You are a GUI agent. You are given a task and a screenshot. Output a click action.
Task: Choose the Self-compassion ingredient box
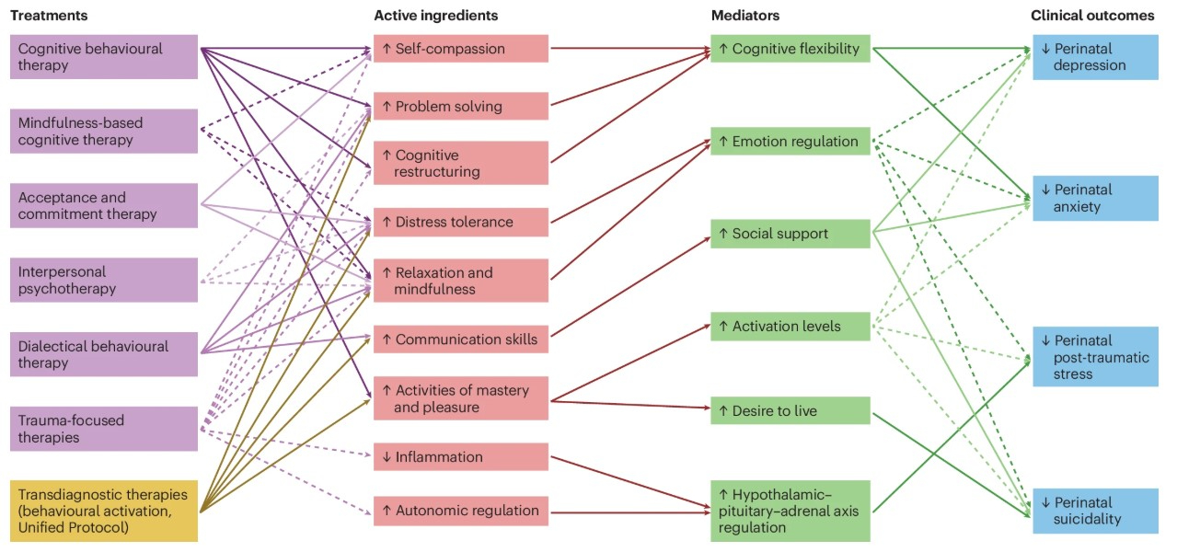click(460, 49)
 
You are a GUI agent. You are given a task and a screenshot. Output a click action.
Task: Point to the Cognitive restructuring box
click(460, 163)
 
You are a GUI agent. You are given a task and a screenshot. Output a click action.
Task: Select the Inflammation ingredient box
click(460, 457)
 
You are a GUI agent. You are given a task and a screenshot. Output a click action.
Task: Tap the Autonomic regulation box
click(460, 511)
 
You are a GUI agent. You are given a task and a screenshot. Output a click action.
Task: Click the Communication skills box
click(460, 339)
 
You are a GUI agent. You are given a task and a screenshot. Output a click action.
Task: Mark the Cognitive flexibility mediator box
click(790, 49)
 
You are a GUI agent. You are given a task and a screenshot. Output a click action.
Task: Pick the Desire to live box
click(790, 410)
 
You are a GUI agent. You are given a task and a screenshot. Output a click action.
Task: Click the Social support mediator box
click(790, 234)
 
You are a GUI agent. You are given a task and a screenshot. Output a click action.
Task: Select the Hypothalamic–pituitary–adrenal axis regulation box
click(790, 511)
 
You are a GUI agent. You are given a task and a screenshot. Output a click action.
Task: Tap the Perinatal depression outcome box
click(1095, 57)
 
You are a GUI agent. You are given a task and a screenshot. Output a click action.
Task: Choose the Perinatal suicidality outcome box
click(1095, 511)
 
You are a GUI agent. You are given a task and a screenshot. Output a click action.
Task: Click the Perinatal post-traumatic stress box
click(1095, 357)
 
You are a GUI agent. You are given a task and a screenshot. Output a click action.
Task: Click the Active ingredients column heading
click(436, 16)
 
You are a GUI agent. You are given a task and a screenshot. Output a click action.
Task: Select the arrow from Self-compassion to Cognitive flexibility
click(629, 49)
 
